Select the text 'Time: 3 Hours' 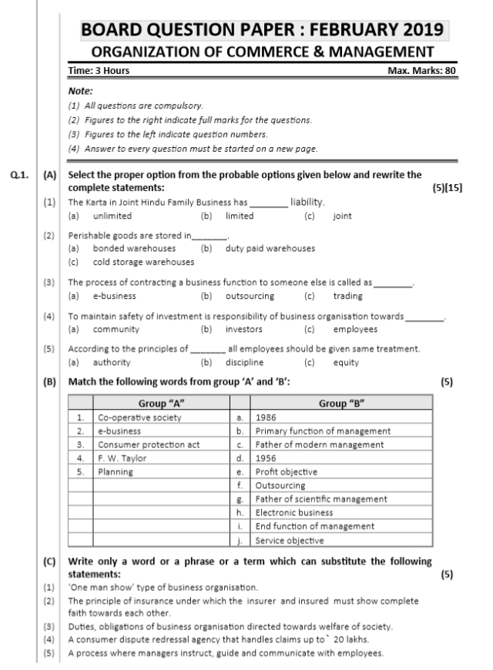click(99, 71)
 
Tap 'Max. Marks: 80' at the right click(423, 71)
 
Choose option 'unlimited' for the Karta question click(112, 216)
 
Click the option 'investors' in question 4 click(247, 330)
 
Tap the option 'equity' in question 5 click(346, 363)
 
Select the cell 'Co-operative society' click(139, 417)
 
